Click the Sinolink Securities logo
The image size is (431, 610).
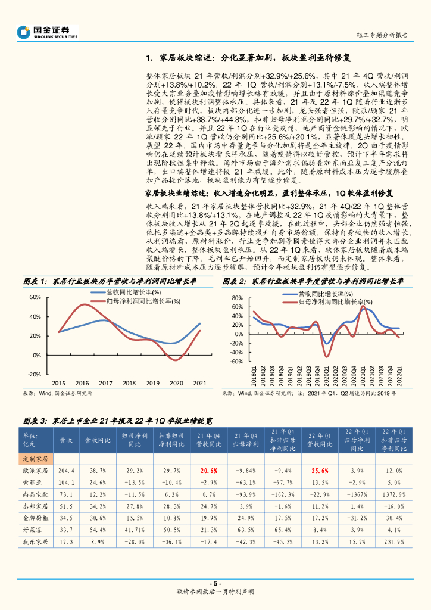48,32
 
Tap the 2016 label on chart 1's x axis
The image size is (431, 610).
82,383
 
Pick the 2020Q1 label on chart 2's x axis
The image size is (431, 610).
326,375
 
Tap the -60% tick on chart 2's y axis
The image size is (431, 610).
236,362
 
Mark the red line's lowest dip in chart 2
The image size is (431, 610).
326,356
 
